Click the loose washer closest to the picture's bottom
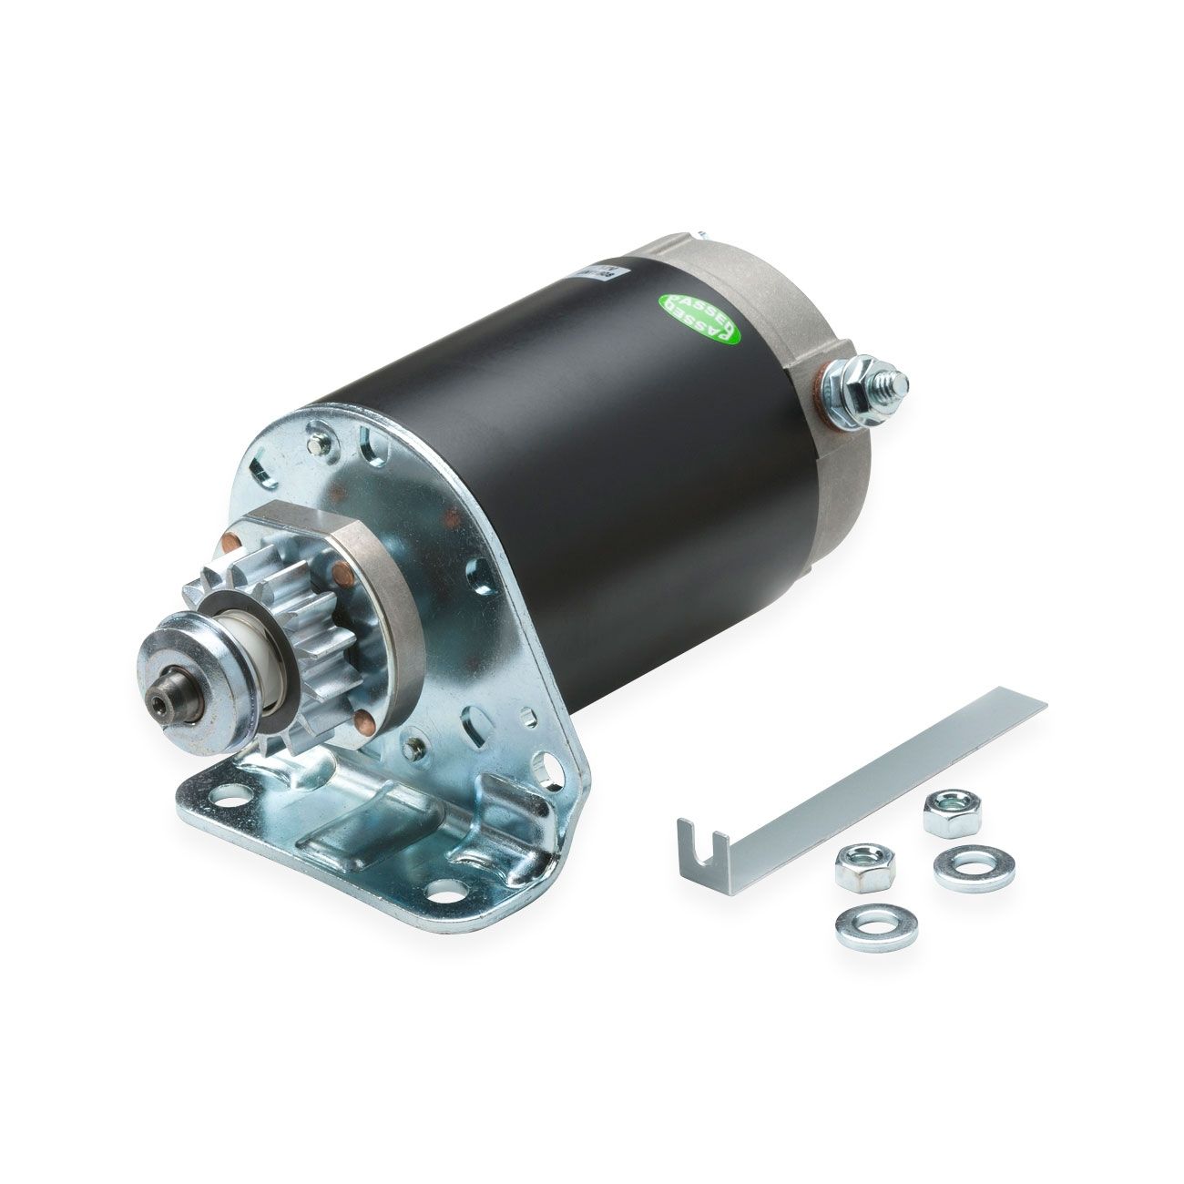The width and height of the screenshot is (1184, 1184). (x=863, y=924)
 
